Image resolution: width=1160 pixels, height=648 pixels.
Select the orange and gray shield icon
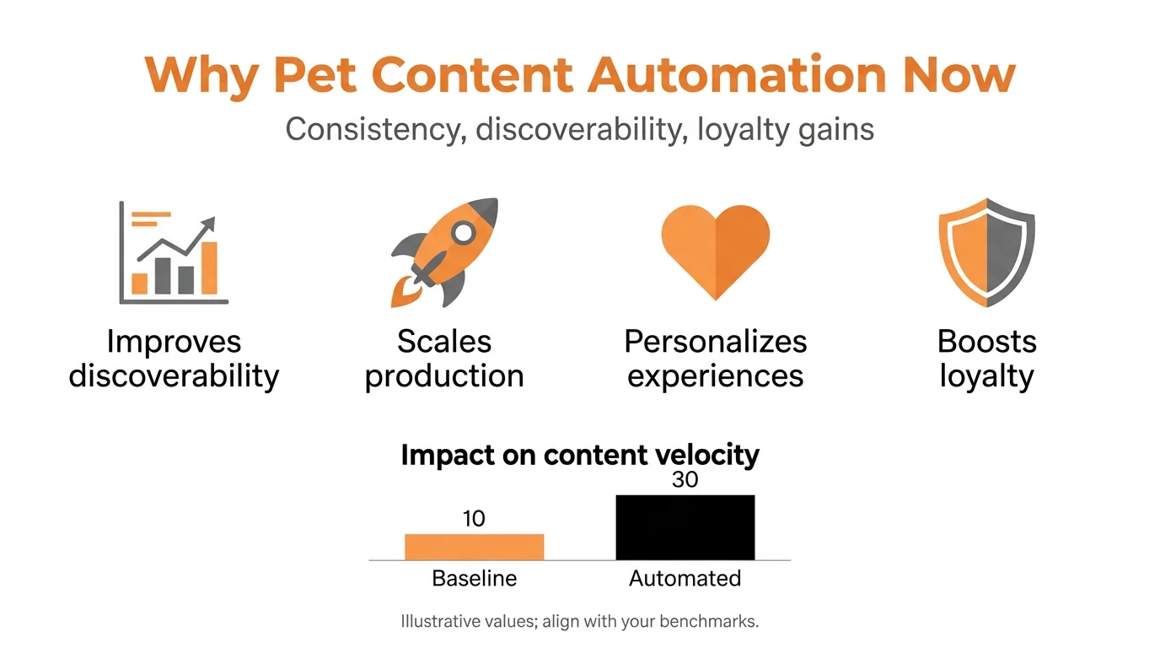point(986,251)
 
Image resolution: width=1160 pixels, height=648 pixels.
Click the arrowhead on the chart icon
point(208,224)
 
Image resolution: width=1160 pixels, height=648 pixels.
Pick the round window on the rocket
point(464,231)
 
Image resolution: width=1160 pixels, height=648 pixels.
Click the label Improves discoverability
point(174,359)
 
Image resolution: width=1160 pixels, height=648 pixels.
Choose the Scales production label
point(444,359)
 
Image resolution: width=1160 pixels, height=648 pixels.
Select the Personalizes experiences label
point(715,359)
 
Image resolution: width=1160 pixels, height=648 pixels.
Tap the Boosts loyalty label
point(986,359)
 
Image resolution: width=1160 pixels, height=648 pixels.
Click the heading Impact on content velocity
point(580,455)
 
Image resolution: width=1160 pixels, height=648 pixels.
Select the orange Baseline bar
point(474,547)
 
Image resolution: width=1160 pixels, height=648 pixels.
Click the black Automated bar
point(685,527)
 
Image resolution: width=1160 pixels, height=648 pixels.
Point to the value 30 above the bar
point(685,480)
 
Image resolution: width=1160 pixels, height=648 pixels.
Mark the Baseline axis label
point(474,579)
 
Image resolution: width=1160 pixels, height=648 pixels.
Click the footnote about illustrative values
point(580,623)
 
